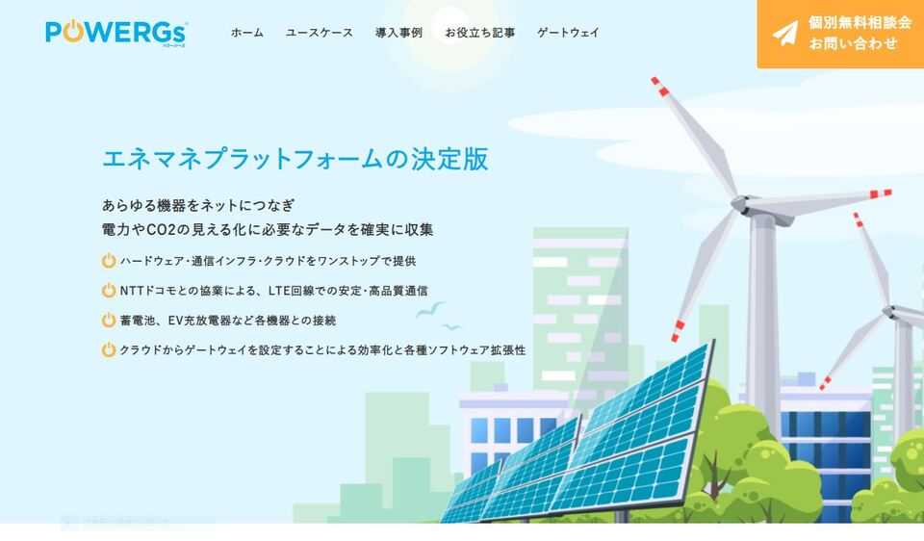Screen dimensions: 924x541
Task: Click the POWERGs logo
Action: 116,33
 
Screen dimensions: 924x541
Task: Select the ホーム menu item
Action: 247,33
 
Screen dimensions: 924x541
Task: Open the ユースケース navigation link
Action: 319,33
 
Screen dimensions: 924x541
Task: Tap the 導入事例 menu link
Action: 398,33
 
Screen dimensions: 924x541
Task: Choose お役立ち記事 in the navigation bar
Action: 479,33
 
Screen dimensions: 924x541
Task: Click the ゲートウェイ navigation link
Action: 568,33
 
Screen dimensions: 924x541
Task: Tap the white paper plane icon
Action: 785,34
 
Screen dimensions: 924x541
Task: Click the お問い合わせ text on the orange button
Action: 853,43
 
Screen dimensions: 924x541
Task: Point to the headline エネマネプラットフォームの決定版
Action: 295,159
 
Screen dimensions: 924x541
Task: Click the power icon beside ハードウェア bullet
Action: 109,261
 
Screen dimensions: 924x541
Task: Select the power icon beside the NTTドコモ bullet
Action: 109,290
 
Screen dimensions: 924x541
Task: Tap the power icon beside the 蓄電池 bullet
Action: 109,320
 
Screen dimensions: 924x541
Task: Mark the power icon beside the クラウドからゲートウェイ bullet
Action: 109,349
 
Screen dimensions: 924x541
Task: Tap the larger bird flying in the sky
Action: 431,309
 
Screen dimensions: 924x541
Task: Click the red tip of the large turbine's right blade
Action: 881,193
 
